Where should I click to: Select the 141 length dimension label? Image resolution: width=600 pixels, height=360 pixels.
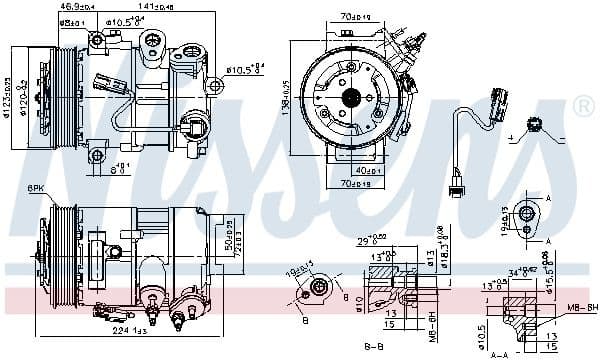(157, 6)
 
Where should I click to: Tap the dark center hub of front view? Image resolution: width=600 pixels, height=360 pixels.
(351, 97)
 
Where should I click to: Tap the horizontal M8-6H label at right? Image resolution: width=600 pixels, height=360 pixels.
(584, 307)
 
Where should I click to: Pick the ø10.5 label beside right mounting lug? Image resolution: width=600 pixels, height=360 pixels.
(243, 70)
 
